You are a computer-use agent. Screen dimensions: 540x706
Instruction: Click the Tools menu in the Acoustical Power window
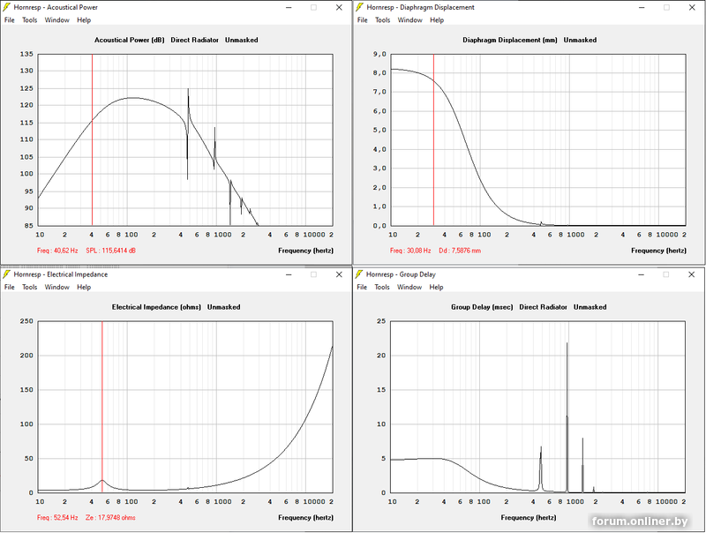tap(29, 19)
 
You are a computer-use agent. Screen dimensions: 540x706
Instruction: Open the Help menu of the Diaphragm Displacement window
tap(437, 19)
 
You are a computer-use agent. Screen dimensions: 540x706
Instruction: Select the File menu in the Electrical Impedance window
tap(10, 287)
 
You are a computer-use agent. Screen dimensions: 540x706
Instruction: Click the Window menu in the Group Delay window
tap(410, 287)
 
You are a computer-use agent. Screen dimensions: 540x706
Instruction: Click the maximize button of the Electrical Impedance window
tap(313, 274)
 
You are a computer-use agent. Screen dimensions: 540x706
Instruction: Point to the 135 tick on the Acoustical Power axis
tap(26, 54)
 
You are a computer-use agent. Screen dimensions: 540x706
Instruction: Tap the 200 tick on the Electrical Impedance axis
tap(26, 355)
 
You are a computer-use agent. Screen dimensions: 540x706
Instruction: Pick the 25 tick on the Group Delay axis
tap(382, 321)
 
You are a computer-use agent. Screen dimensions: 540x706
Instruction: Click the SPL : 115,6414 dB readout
tap(110, 250)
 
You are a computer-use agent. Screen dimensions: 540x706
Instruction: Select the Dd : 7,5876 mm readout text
tap(460, 250)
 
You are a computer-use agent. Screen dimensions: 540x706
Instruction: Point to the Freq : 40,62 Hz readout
tap(57, 250)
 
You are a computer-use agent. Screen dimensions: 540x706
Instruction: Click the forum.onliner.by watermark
tap(639, 521)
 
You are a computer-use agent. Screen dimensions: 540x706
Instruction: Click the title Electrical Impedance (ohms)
tap(157, 307)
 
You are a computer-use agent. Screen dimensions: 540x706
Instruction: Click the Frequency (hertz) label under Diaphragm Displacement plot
tap(658, 250)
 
